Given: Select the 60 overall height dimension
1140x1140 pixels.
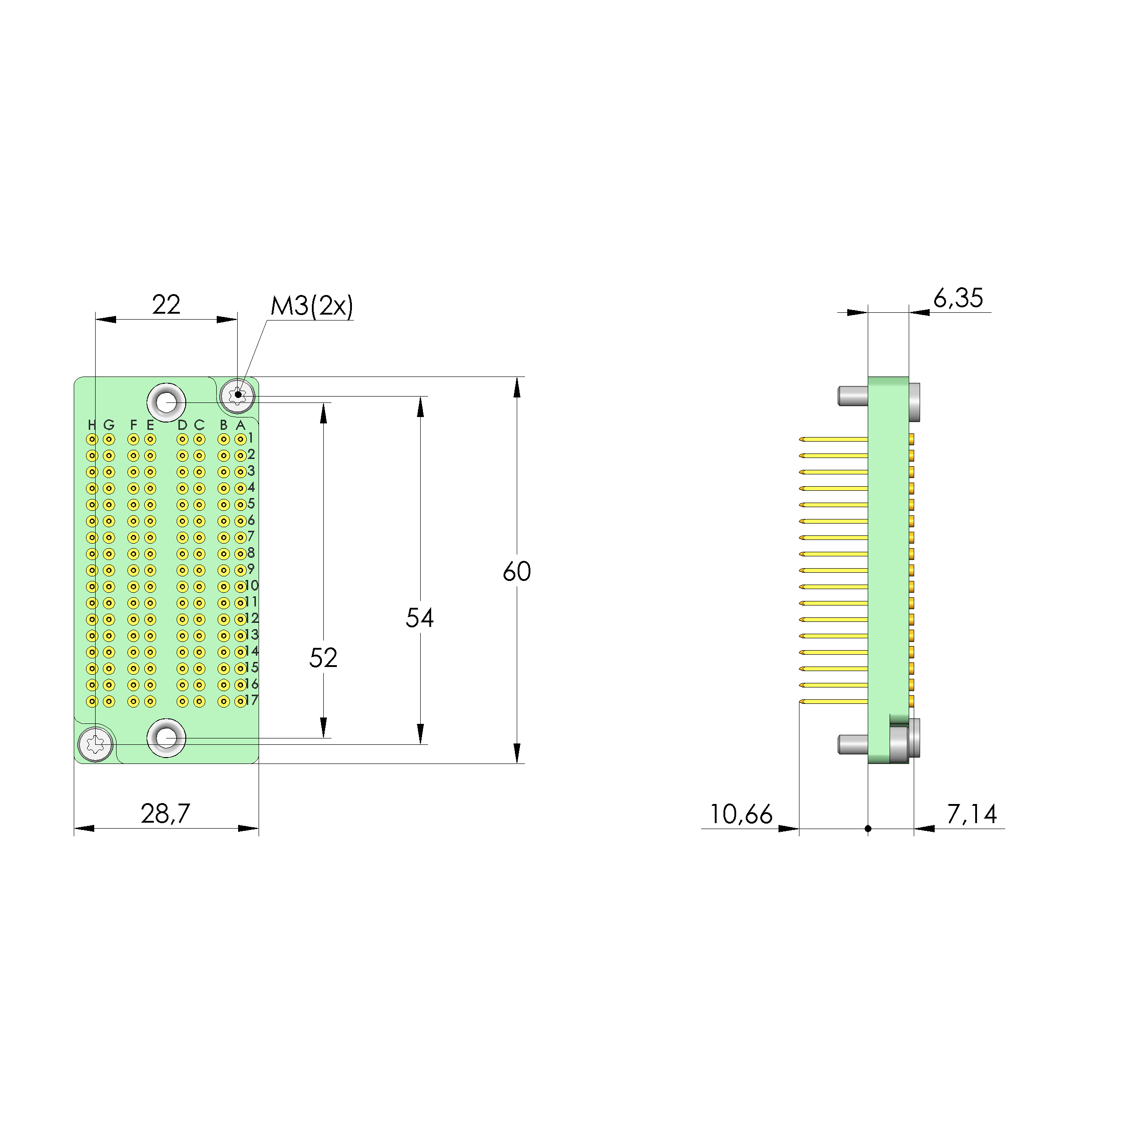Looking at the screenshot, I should click(517, 571).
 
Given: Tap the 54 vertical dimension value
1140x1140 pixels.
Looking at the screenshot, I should click(420, 618).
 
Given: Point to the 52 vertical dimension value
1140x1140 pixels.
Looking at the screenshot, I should click(323, 658).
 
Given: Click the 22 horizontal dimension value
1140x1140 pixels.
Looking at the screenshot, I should click(166, 305).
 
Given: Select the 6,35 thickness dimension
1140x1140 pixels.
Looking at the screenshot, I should click(958, 298).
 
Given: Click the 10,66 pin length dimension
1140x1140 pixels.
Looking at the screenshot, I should click(741, 814).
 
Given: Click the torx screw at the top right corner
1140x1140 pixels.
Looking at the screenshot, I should click(238, 395).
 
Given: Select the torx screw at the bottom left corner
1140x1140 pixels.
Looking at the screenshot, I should click(96, 745).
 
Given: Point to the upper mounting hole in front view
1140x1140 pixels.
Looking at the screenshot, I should click(166, 402).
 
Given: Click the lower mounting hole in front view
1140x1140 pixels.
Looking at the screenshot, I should click(166, 738).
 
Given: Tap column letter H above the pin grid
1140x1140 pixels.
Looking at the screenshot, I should click(92, 425).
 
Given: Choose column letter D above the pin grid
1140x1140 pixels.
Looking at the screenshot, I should click(182, 425).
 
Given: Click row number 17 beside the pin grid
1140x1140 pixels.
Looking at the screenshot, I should click(252, 700).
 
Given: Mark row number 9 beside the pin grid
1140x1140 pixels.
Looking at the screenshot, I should click(251, 569).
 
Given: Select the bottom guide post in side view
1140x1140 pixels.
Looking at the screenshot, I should click(853, 744).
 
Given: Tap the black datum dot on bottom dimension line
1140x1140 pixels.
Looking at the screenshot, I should click(868, 829).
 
